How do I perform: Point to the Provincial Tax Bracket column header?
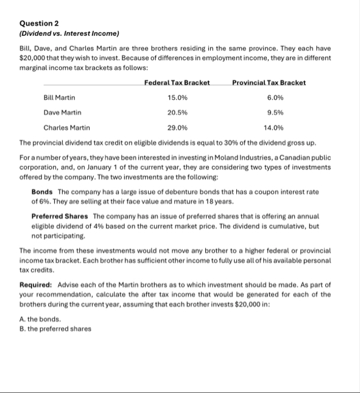click(x=269, y=82)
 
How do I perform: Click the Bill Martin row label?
click(x=60, y=97)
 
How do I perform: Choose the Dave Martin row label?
click(x=62, y=112)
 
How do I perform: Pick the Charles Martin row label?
click(x=66, y=127)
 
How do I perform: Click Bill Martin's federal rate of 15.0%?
click(x=177, y=97)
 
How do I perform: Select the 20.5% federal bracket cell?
click(x=177, y=112)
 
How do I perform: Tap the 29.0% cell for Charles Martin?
click(x=177, y=127)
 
